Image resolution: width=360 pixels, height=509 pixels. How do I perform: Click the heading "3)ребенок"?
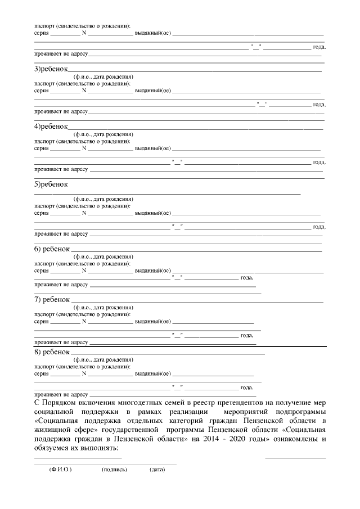(x=51, y=69)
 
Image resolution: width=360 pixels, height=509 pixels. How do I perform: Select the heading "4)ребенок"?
(x=51, y=127)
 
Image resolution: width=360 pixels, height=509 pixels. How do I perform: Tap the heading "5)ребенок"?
(x=51, y=184)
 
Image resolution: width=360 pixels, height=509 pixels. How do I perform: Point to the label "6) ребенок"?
(x=52, y=249)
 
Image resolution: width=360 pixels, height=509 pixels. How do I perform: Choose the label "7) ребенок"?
(x=52, y=299)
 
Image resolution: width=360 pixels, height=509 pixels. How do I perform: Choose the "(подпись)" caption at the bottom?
(x=114, y=469)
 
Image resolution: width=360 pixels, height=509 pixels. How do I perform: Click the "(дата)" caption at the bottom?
(x=157, y=469)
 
